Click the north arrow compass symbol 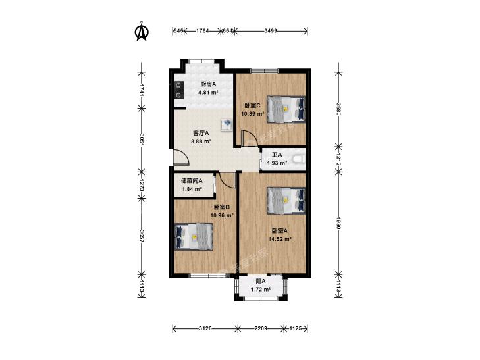tap(142, 32)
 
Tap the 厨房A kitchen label tap(208, 84)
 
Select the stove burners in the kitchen tap(178, 90)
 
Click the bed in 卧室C tap(286, 109)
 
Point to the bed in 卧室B tap(194, 237)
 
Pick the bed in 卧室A tap(286, 201)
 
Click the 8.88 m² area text tap(201, 141)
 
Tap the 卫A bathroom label tap(277, 155)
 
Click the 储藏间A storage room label tap(192, 181)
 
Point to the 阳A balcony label tap(261, 281)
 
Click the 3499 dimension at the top tap(271, 30)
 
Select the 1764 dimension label tap(202, 30)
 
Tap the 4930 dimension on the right tap(338, 223)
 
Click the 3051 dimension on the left tap(142, 139)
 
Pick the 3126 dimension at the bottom tap(205, 329)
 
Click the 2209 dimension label tap(261, 329)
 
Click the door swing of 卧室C tap(247, 138)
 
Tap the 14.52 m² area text tap(280, 239)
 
